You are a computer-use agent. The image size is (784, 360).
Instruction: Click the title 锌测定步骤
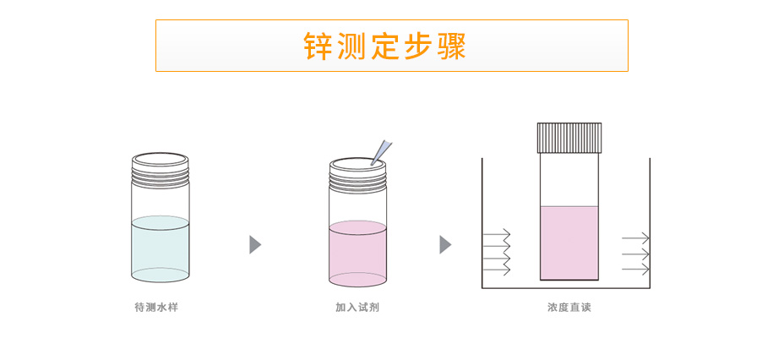pyautogui.click(x=385, y=46)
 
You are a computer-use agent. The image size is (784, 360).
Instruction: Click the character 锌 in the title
pyautogui.click(x=318, y=46)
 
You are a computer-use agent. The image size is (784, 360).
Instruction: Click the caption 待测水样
pyautogui.click(x=156, y=308)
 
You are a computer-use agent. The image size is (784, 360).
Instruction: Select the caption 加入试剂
pyautogui.click(x=357, y=308)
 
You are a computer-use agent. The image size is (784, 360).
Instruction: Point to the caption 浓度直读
pyautogui.click(x=569, y=308)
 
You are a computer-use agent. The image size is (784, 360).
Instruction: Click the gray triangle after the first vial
pyautogui.click(x=254, y=245)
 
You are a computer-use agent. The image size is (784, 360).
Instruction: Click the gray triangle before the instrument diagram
pyautogui.click(x=444, y=245)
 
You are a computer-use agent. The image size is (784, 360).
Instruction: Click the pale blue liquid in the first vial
pyautogui.click(x=161, y=249)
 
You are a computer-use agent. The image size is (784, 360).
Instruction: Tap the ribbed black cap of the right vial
pyautogui.click(x=569, y=138)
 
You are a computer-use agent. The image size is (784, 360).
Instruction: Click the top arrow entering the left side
pyautogui.click(x=497, y=233)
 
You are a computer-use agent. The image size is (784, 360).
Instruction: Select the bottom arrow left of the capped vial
pyautogui.click(x=497, y=270)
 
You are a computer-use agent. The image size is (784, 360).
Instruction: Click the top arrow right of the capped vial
pyautogui.click(x=635, y=238)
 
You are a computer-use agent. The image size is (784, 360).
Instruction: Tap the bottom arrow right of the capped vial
pyautogui.click(x=635, y=270)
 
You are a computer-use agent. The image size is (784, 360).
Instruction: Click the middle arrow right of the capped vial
pyautogui.click(x=635, y=254)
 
